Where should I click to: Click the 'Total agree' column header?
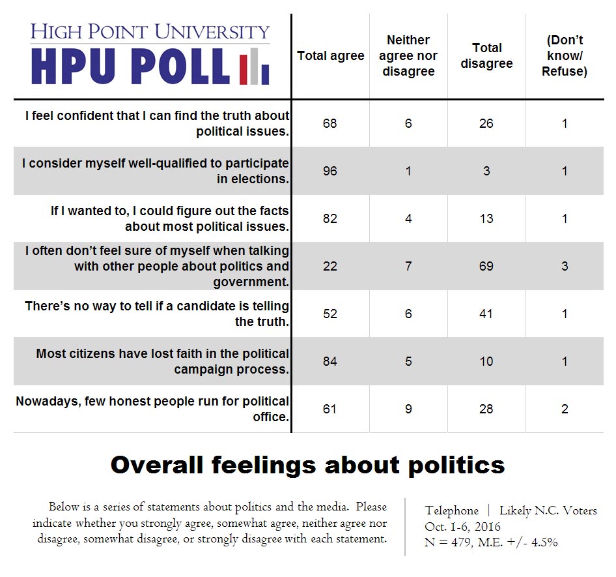[x=330, y=56]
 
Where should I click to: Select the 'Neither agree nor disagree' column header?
[x=408, y=56]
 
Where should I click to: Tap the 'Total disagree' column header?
[x=486, y=56]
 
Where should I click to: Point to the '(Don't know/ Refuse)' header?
[x=565, y=56]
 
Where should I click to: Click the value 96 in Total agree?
[x=330, y=171]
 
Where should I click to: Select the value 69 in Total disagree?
[x=486, y=266]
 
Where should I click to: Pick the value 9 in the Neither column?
[x=408, y=409]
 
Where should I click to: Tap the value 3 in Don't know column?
[x=565, y=266]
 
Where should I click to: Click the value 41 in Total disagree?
[x=486, y=314]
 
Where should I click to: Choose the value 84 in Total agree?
[x=330, y=361]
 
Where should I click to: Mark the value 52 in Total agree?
[x=330, y=314]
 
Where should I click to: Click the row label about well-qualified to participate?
[x=155, y=171]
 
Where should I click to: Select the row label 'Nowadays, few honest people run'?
[x=152, y=409]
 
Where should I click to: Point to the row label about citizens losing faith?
[x=162, y=361]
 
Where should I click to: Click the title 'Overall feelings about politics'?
[x=307, y=465]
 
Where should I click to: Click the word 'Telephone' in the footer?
[x=451, y=510]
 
